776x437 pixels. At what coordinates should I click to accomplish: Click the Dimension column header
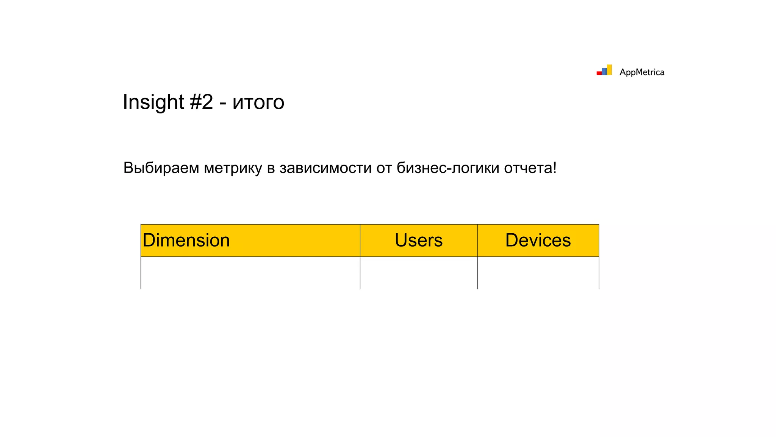pos(186,241)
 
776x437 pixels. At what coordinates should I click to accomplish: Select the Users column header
pos(418,241)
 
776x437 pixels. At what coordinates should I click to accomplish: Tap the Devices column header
pos(538,241)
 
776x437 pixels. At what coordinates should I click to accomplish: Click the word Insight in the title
pos(153,102)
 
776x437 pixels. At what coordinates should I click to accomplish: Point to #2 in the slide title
pos(201,102)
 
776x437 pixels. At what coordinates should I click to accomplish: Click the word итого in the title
pos(258,102)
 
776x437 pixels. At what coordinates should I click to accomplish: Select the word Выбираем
pos(161,168)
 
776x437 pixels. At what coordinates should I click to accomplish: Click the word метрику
pos(233,168)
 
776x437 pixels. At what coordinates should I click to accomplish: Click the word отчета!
pos(530,168)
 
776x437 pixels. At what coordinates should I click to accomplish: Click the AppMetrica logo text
pos(641,72)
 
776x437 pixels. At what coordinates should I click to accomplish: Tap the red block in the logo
pos(599,73)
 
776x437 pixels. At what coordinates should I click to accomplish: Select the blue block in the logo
pos(604,72)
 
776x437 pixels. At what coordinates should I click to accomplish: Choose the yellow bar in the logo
pos(609,70)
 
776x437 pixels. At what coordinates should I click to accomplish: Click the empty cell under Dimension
pos(250,273)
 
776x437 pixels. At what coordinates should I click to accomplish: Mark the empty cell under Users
pos(418,273)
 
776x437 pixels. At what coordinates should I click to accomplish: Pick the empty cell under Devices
pos(538,273)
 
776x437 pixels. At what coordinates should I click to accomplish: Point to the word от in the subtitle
pos(384,168)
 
